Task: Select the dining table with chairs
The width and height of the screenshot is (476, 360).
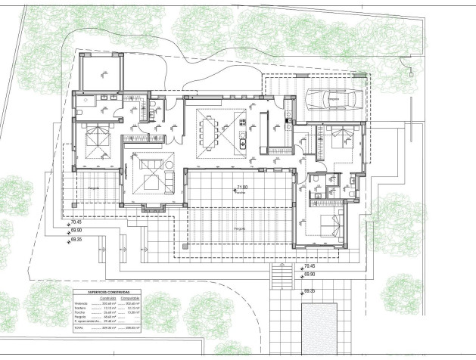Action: (x=210, y=133)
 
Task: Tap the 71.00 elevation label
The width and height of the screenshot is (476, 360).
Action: (x=242, y=187)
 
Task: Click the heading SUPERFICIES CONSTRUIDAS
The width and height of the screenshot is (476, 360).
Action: (x=109, y=291)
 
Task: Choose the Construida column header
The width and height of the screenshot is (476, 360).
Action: (x=107, y=297)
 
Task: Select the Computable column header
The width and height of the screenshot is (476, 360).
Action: (x=130, y=297)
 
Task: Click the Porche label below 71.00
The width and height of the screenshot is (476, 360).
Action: (x=242, y=193)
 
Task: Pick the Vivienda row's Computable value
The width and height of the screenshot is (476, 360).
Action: (x=130, y=303)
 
